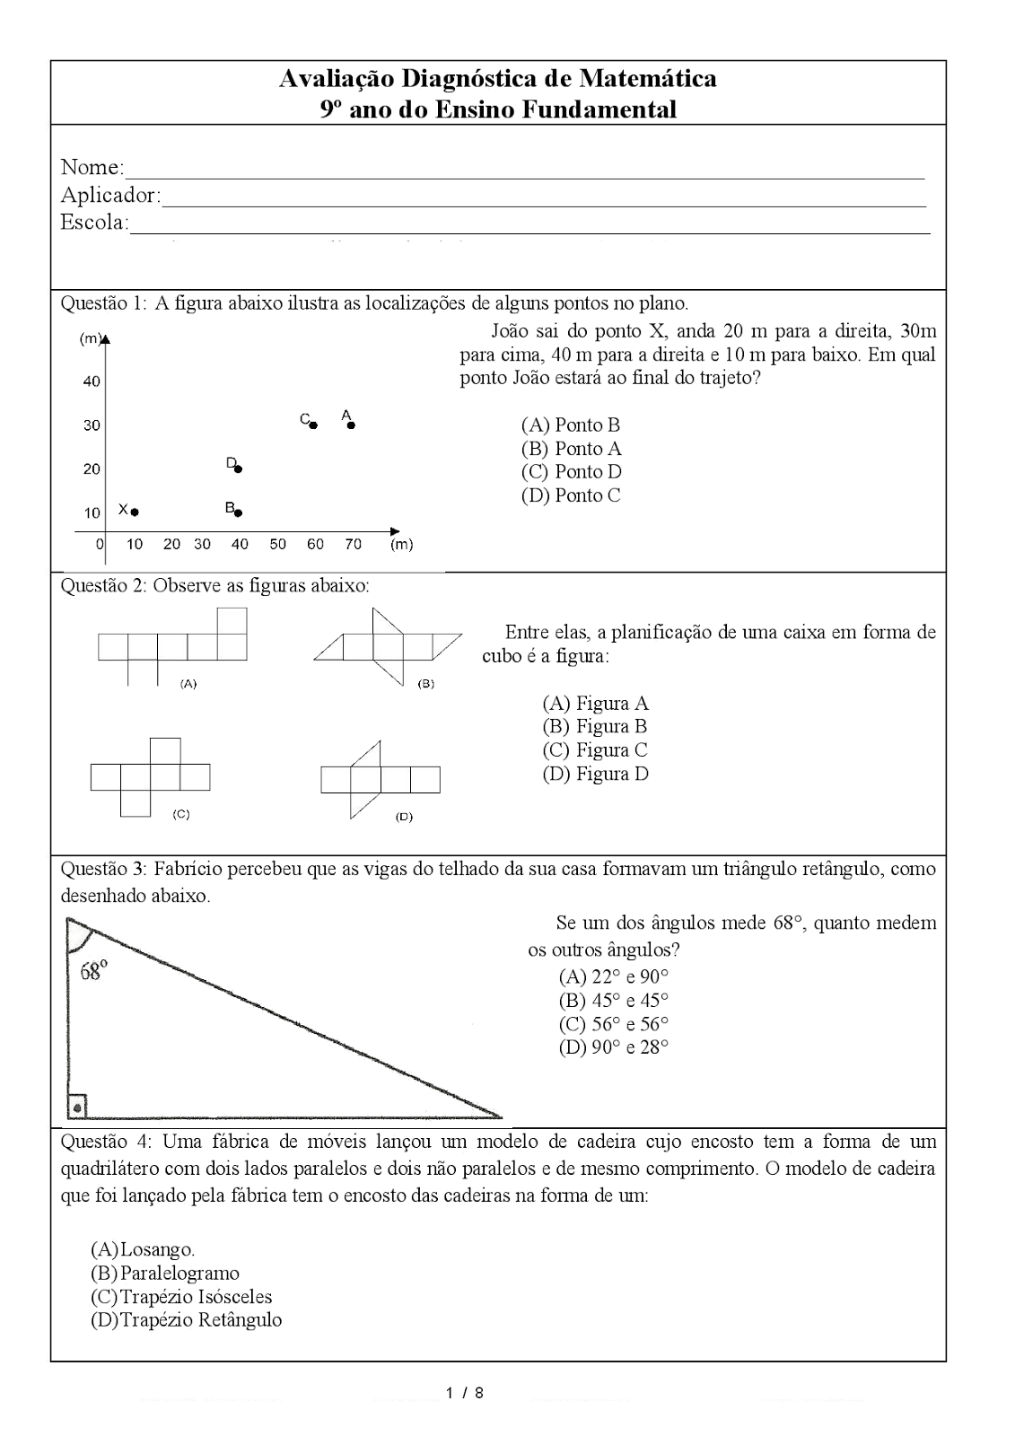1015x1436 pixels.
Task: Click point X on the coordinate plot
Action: (135, 512)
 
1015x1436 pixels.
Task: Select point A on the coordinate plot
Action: (351, 425)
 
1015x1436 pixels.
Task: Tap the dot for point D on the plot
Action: (238, 468)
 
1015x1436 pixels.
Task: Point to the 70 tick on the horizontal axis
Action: (353, 544)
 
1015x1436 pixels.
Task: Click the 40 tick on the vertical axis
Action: (92, 381)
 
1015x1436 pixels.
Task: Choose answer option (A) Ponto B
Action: (570, 425)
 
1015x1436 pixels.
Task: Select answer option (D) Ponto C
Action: (570, 495)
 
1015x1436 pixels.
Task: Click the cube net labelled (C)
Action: (150, 776)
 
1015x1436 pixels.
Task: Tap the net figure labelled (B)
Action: (387, 646)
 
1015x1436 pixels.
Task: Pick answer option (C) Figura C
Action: (594, 750)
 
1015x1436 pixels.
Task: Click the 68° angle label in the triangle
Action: (93, 970)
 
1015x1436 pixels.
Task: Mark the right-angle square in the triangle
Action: (77, 1107)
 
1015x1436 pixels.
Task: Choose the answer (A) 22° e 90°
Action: (613, 977)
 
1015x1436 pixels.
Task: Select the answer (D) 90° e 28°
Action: (613, 1047)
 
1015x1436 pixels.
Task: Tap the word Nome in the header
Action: (91, 167)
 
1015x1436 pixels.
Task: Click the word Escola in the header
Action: (93, 223)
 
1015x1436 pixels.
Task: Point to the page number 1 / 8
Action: (464, 1394)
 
